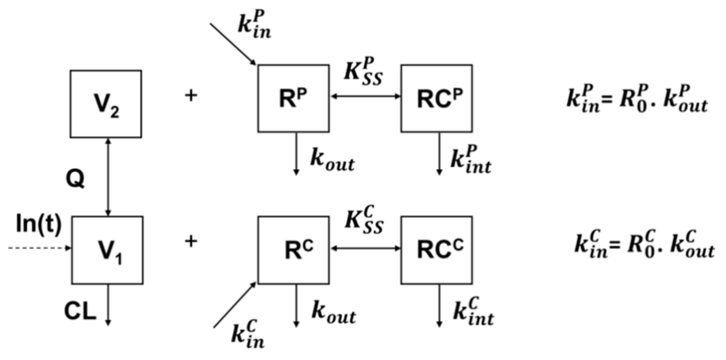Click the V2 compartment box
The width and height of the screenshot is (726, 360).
pyautogui.click(x=106, y=103)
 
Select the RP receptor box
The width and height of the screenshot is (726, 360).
pyautogui.click(x=293, y=98)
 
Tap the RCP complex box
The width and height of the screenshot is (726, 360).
pyautogui.click(x=437, y=98)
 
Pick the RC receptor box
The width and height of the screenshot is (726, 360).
pyautogui.click(x=293, y=249)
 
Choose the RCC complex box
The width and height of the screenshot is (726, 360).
pyautogui.click(x=437, y=249)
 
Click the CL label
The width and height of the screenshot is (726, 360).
pyautogui.click(x=80, y=313)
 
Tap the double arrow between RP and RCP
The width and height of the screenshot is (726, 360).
pyautogui.click(x=365, y=96)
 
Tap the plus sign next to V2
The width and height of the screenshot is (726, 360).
pyautogui.click(x=191, y=96)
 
